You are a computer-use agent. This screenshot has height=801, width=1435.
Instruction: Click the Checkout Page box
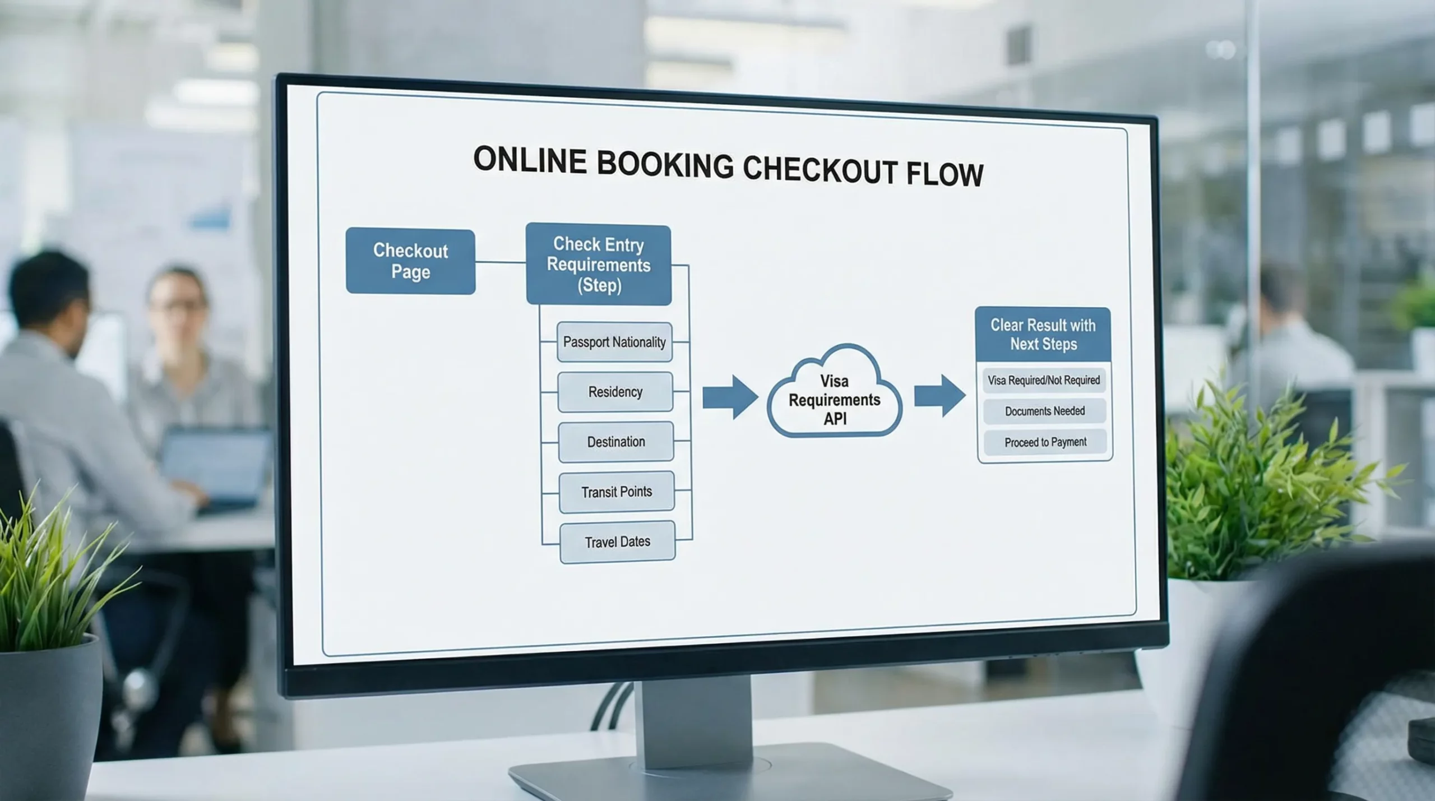pyautogui.click(x=410, y=261)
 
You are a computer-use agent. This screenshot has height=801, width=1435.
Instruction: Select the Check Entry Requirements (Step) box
pyautogui.click(x=599, y=265)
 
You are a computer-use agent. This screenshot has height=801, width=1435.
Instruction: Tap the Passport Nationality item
pyautogui.click(x=614, y=342)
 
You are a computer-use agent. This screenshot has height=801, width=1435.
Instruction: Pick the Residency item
pyautogui.click(x=615, y=392)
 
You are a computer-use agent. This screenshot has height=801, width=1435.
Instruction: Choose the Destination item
pyautogui.click(x=616, y=442)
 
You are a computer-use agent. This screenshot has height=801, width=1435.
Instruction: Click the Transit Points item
pyautogui.click(x=617, y=492)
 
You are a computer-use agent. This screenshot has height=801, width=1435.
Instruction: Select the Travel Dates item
pyautogui.click(x=618, y=542)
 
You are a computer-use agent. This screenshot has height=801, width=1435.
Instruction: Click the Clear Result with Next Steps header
pyautogui.click(x=1043, y=335)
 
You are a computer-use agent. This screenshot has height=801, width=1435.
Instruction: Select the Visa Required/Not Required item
pyautogui.click(x=1044, y=381)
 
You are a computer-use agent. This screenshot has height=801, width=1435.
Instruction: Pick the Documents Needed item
pyautogui.click(x=1045, y=411)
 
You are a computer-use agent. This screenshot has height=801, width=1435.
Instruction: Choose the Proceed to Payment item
pyautogui.click(x=1045, y=442)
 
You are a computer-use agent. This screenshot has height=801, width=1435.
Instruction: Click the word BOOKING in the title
pyautogui.click(x=665, y=165)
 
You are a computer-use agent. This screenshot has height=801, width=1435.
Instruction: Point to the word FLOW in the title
pyautogui.click(x=945, y=174)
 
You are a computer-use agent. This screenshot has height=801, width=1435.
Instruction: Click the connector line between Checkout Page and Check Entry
pyautogui.click(x=501, y=262)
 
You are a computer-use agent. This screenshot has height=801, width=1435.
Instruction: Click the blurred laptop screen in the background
pyautogui.click(x=216, y=460)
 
